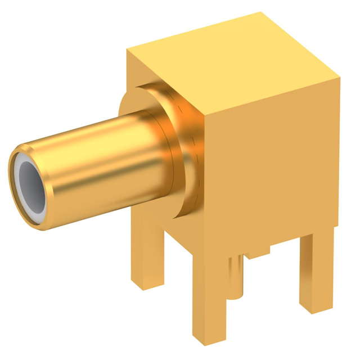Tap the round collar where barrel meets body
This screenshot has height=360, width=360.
click(169, 152)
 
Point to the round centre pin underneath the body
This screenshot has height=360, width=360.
click(238, 276)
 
